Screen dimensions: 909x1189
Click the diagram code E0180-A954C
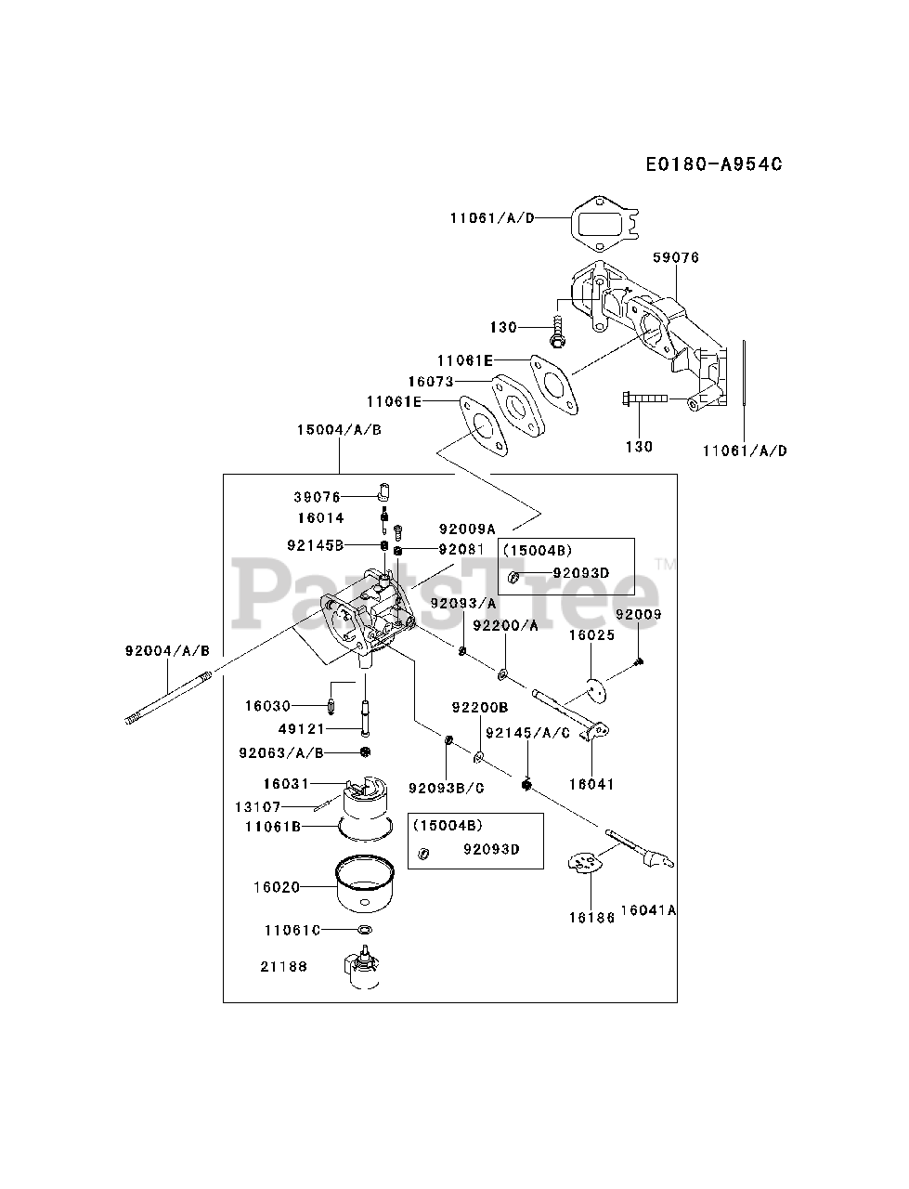tap(714, 163)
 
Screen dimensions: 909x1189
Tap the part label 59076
tap(676, 257)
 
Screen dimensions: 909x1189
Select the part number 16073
tap(431, 382)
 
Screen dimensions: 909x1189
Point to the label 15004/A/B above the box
tap(339, 429)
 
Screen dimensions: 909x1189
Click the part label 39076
tap(317, 497)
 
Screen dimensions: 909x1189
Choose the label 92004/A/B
tap(167, 650)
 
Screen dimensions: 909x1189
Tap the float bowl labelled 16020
tap(365, 884)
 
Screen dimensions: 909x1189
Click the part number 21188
tap(284, 966)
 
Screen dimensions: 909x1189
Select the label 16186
tap(591, 917)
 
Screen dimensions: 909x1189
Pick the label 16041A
tap(648, 910)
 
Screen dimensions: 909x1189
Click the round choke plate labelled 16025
tap(597, 691)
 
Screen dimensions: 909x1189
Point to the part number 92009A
tap(467, 529)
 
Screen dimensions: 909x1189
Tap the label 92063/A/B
tap(281, 753)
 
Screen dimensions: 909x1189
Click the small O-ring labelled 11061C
tap(365, 930)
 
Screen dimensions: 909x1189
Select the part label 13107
tap(258, 806)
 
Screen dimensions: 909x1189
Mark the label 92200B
tap(480, 708)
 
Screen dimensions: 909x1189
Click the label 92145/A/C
tap(528, 733)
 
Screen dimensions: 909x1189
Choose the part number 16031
tap(286, 784)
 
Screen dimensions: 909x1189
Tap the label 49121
tap(301, 729)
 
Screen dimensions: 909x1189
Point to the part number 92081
tap(461, 549)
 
